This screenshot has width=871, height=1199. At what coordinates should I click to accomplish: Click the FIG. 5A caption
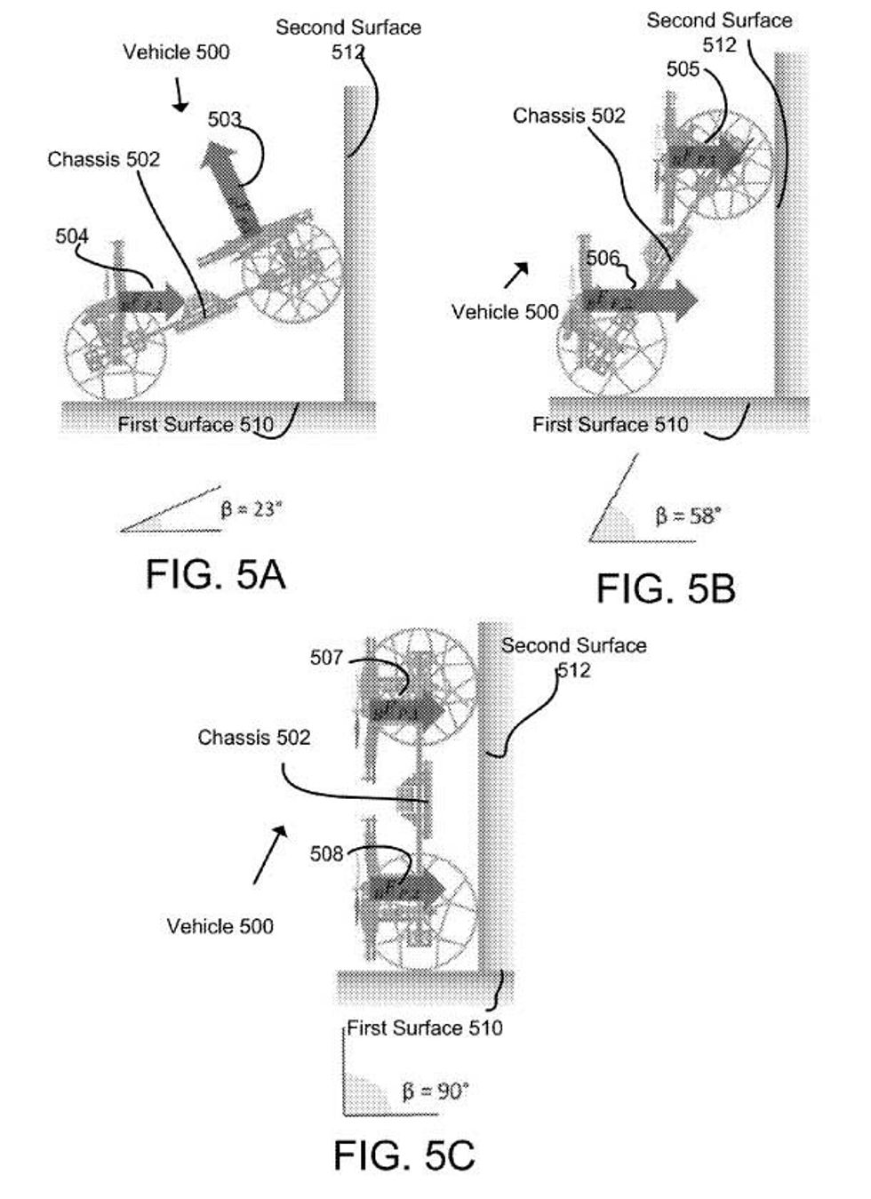(215, 574)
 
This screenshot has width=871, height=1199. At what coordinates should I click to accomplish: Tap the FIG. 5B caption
(666, 588)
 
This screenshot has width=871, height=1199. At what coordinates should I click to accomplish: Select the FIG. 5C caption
(404, 1155)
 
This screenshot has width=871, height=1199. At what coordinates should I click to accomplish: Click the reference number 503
(224, 119)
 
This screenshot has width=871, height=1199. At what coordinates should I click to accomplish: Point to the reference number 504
(72, 236)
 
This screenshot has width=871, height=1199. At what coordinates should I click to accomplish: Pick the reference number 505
(683, 68)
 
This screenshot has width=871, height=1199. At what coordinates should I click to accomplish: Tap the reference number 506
(603, 258)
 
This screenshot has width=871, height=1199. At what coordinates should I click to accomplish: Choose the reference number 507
(326, 657)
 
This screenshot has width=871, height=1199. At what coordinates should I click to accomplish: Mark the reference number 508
(326, 853)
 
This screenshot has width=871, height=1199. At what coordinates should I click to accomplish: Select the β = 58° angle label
(688, 516)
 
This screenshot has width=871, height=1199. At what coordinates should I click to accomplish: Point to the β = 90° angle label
(435, 1091)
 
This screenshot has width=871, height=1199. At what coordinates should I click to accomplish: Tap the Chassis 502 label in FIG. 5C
(254, 737)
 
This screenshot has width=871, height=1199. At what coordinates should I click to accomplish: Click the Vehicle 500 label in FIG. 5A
(176, 52)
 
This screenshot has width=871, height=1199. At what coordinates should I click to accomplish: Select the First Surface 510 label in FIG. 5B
(610, 424)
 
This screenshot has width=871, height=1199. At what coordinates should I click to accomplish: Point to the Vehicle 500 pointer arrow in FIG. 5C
(270, 854)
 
